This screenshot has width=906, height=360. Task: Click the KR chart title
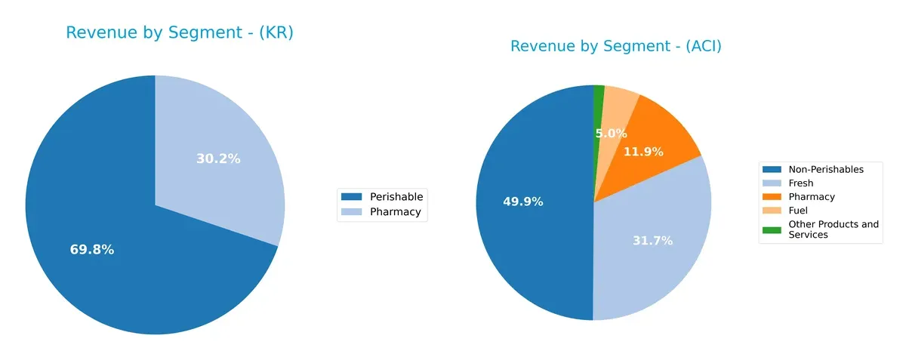click(x=179, y=33)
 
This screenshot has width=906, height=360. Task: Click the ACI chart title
click(x=615, y=47)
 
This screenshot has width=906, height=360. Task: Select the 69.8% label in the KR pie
click(x=92, y=250)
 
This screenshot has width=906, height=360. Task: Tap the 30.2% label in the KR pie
click(x=218, y=159)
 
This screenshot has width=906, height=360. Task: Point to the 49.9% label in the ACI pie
click(x=522, y=202)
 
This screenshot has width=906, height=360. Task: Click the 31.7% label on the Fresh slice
click(x=652, y=241)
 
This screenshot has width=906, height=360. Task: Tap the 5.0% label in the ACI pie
click(x=611, y=134)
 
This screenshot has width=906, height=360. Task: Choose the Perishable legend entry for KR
click(x=396, y=196)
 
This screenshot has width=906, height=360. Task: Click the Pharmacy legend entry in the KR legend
click(x=395, y=212)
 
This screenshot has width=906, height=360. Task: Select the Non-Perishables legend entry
click(x=825, y=169)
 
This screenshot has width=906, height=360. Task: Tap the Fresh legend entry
click(x=800, y=183)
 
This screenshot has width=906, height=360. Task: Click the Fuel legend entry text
click(x=798, y=211)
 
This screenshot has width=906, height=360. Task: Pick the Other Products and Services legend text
click(x=833, y=229)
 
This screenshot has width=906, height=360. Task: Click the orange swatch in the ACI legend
click(x=772, y=197)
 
